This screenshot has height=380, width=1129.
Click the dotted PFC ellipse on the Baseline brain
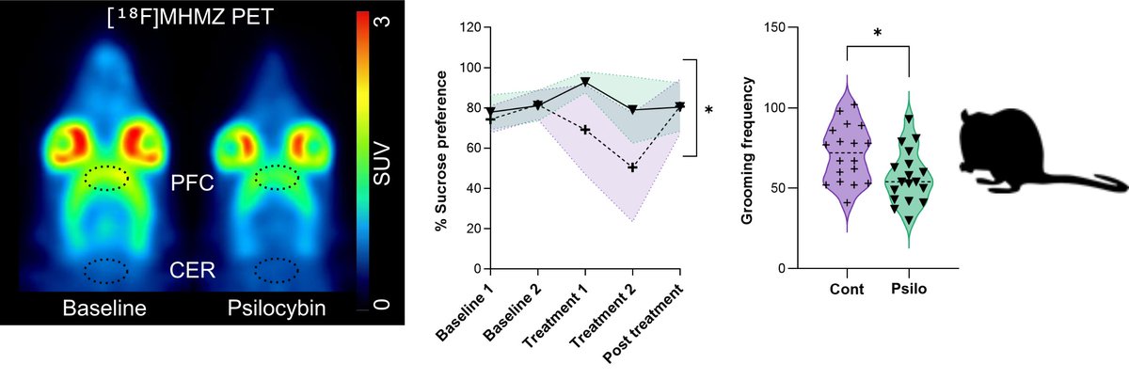pyautogui.click(x=109, y=178)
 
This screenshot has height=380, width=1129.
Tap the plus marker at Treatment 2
pyautogui.click(x=632, y=167)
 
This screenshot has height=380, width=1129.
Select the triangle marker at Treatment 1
pyautogui.click(x=585, y=82)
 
